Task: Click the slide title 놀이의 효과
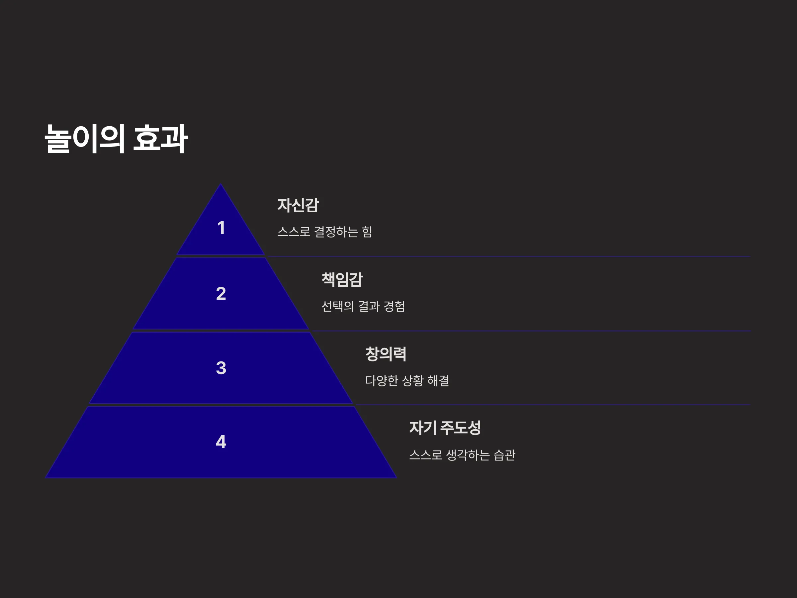(116, 139)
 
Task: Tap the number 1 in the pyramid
(221, 228)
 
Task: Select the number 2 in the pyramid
(221, 293)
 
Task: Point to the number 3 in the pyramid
(221, 368)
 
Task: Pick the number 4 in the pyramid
(221, 442)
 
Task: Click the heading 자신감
(298, 205)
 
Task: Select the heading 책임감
(342, 279)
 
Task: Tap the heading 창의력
(386, 353)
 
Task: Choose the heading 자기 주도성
(445, 428)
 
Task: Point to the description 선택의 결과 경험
(363, 306)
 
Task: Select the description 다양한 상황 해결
(407, 380)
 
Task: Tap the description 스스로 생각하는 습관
(462, 454)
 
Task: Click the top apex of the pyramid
(221, 184)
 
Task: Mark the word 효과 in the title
(160, 139)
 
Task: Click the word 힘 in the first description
(367, 232)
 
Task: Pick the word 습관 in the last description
(504, 454)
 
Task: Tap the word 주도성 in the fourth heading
(461, 428)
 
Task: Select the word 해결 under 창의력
(438, 380)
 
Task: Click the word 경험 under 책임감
(394, 306)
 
